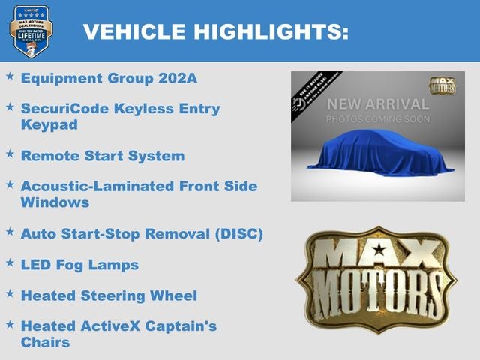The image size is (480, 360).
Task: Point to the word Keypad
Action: (x=49, y=124)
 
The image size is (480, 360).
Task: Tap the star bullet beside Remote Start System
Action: (x=10, y=154)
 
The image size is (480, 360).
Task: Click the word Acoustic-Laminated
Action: (x=95, y=187)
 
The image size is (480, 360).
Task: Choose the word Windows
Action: (x=55, y=202)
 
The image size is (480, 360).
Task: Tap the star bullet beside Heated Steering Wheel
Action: (x=10, y=293)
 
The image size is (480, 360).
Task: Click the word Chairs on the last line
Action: (x=45, y=342)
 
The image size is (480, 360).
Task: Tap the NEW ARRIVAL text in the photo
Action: (x=377, y=104)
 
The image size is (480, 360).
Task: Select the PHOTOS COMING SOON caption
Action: (x=377, y=119)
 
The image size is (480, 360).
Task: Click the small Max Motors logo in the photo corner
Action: (x=442, y=85)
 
